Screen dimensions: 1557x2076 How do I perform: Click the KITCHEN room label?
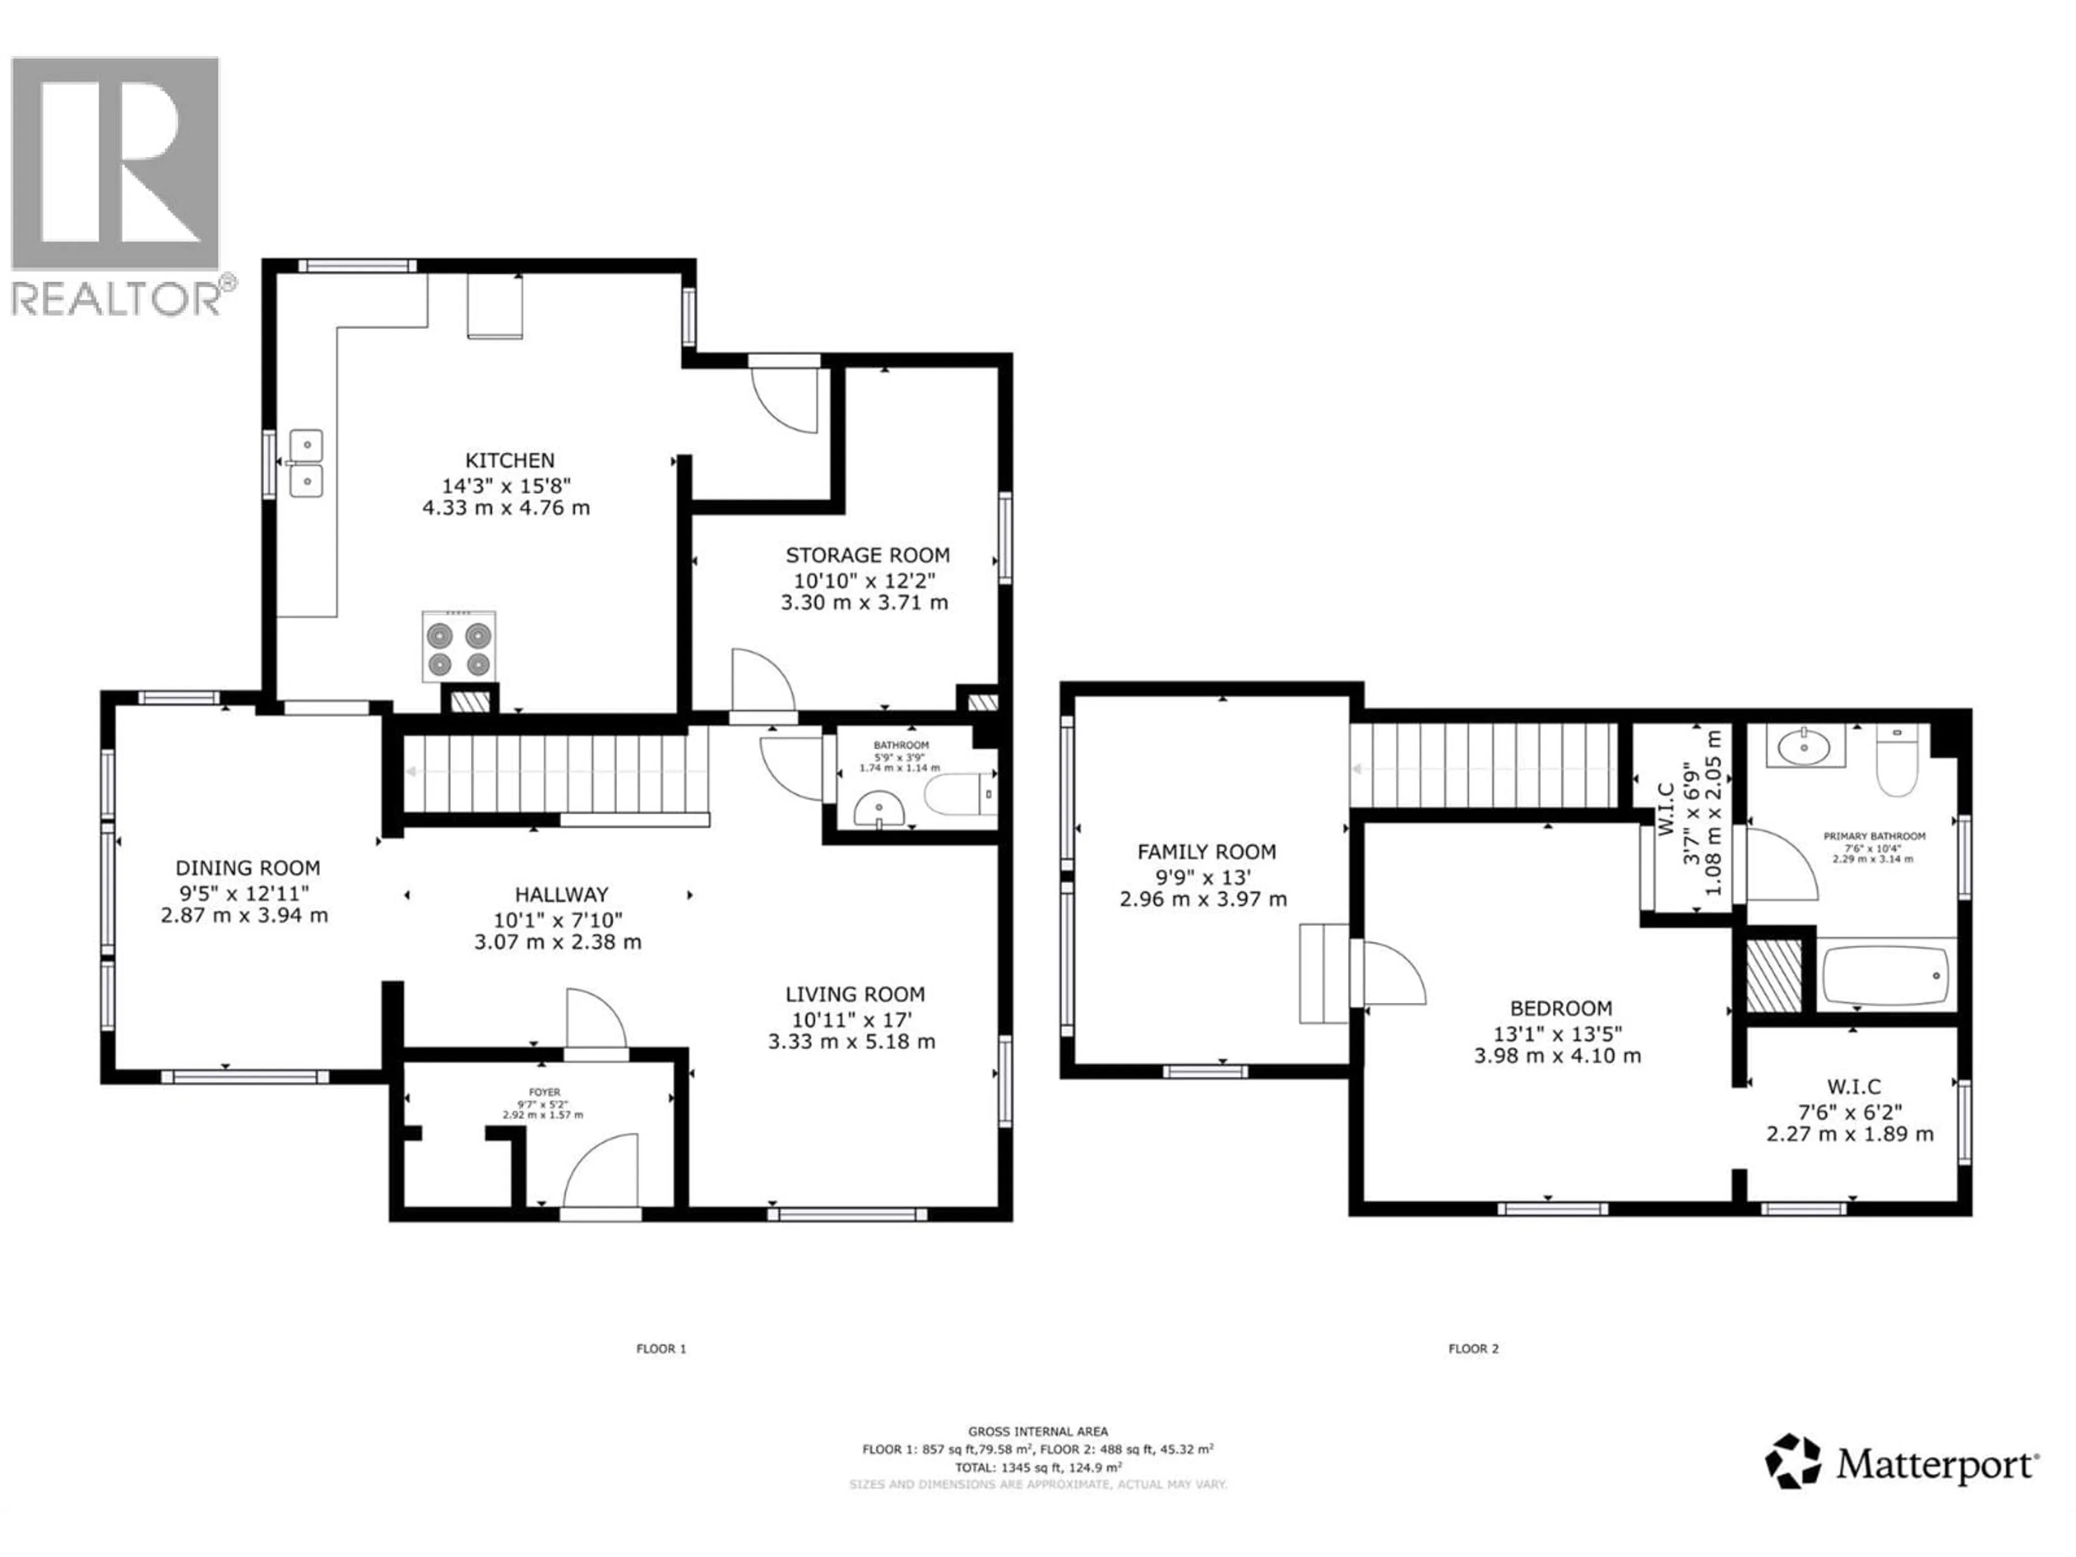pos(510,461)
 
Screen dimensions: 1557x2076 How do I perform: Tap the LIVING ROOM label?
pos(854,994)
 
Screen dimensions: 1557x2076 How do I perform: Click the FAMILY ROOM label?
pos(1206,852)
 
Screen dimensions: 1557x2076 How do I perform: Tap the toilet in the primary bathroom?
pos(1897,762)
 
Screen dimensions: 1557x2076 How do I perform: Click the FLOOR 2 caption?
pos(1473,1349)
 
